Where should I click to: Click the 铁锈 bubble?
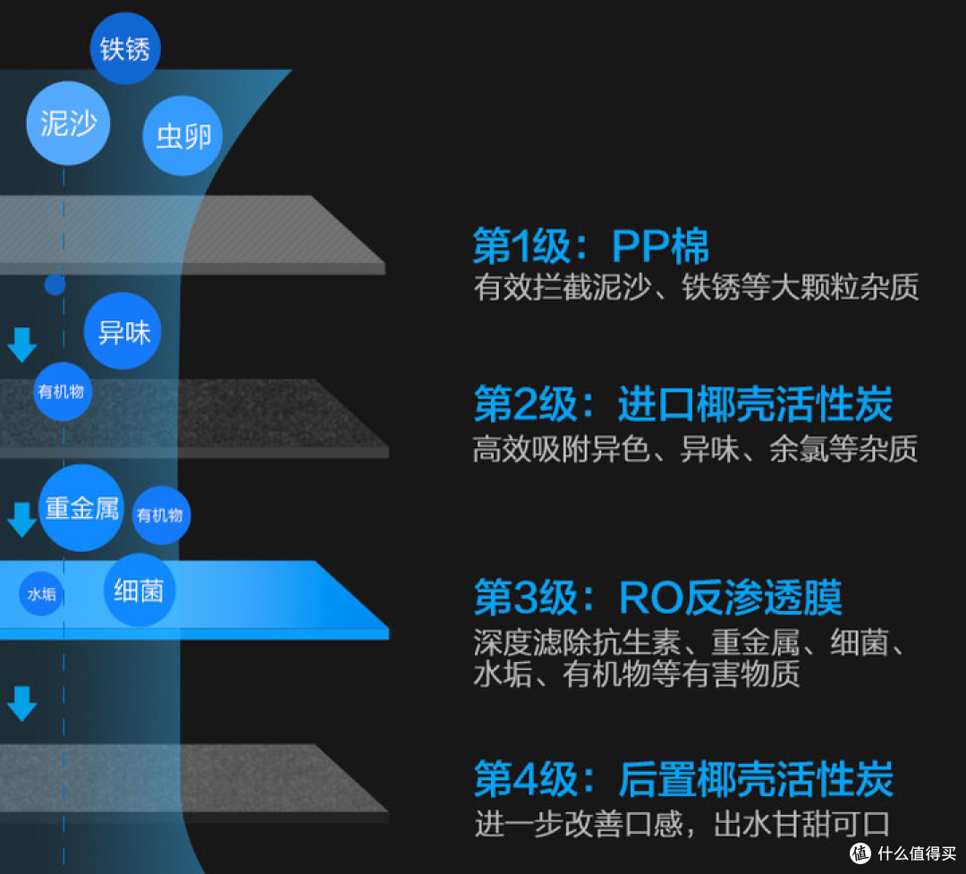pyautogui.click(x=125, y=48)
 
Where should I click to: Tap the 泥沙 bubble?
pyautogui.click(x=68, y=123)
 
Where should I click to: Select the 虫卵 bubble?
pyautogui.click(x=183, y=136)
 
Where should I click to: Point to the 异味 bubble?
pyautogui.click(x=123, y=332)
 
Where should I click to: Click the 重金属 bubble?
pyautogui.click(x=81, y=508)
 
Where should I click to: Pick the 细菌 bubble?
pyautogui.click(x=139, y=590)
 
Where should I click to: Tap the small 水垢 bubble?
pyautogui.click(x=41, y=594)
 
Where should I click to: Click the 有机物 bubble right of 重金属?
pyautogui.click(x=161, y=515)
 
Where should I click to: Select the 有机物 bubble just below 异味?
pyautogui.click(x=63, y=391)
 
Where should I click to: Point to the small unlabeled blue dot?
pyautogui.click(x=55, y=284)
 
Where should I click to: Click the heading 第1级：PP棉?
pyautogui.click(x=590, y=245)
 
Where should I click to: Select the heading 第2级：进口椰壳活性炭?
pyautogui.click(x=682, y=406)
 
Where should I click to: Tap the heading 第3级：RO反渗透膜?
pyautogui.click(x=657, y=598)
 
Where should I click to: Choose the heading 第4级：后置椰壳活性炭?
pyautogui.click(x=683, y=779)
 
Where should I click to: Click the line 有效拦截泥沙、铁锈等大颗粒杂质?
pyautogui.click(x=696, y=287)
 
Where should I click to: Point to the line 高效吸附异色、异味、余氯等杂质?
pyautogui.click(x=695, y=449)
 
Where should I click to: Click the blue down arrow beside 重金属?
pyautogui.click(x=21, y=520)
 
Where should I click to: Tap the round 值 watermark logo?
pyautogui.click(x=860, y=853)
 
